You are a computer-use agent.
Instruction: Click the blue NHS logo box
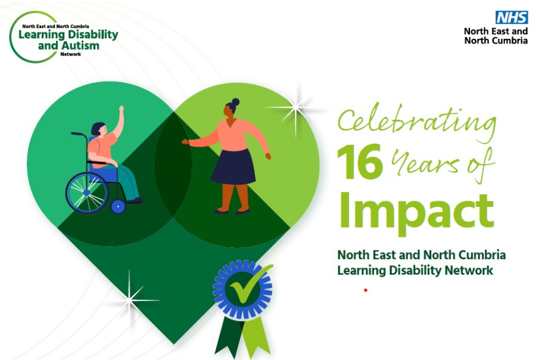point(511,18)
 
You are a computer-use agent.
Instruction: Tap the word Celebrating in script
point(416,122)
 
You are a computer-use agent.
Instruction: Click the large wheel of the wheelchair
point(87,193)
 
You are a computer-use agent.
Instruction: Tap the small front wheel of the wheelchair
point(118,207)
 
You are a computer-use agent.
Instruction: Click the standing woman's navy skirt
point(233,166)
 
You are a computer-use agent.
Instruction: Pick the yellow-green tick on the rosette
point(244,287)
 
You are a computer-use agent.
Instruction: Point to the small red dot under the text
point(365,290)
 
